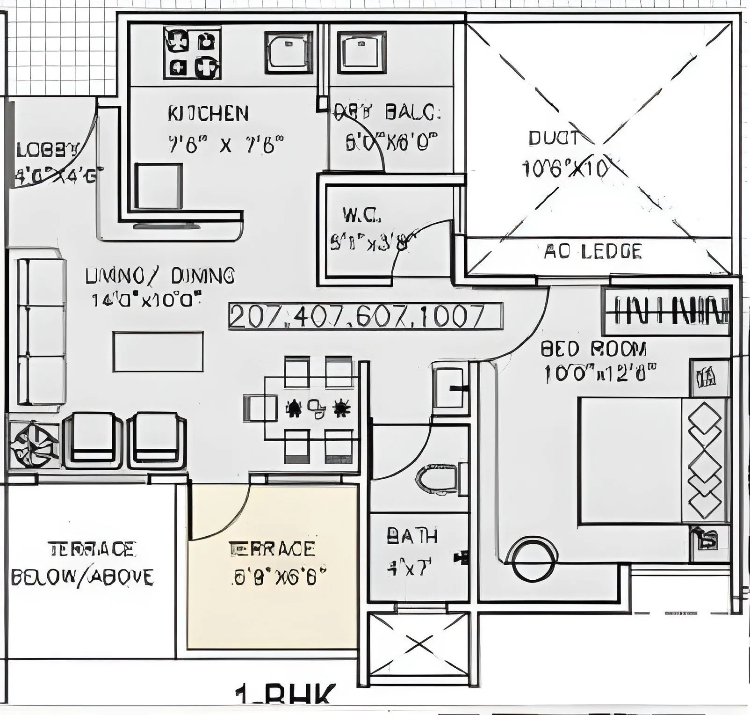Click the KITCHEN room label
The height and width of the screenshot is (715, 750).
point(208,114)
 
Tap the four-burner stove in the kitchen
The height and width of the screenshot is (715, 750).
point(192,52)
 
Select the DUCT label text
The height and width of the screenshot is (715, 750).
point(555,139)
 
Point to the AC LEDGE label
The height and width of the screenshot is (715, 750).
point(593,252)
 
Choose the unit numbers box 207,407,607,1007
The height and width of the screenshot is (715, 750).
point(366,317)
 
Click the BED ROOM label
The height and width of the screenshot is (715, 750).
point(594,349)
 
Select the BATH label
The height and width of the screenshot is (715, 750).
point(412,536)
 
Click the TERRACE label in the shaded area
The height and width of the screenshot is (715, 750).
point(272,548)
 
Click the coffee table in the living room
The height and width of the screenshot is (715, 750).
point(158,351)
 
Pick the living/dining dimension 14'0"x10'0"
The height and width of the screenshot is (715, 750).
point(146,299)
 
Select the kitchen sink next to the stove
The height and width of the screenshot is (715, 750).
point(289,52)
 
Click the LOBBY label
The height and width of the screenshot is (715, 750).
point(47,151)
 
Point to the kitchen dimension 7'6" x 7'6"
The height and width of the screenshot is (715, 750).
point(226,145)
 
